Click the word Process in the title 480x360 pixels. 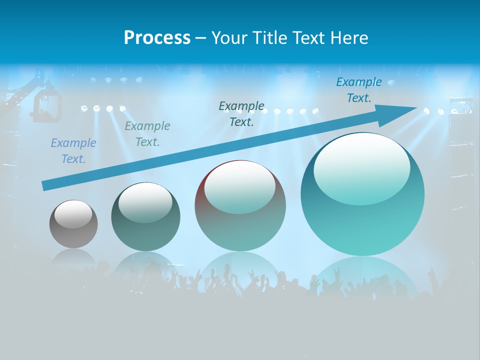tap(157, 38)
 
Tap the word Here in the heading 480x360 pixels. tap(349, 38)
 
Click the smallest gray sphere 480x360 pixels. tap(73, 224)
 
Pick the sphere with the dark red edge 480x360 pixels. tap(240, 205)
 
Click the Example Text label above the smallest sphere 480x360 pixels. tap(73, 151)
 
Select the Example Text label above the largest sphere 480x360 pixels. tap(359, 90)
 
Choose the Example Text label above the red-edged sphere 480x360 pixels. tap(241, 113)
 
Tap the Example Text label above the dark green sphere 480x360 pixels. tap(147, 134)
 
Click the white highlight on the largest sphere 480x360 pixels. tap(361, 167)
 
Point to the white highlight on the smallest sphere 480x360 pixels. tap(73, 214)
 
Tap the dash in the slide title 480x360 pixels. tap(200, 38)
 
